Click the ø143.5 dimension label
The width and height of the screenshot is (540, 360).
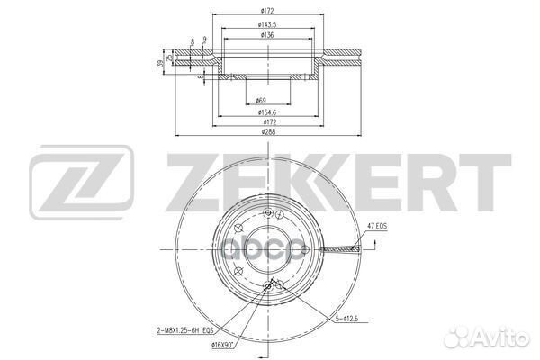click(266, 24)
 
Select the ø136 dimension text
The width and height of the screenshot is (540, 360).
click(266, 36)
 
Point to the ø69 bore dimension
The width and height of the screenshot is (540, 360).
click(261, 101)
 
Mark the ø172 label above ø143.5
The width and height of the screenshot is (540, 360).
click(266, 11)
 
